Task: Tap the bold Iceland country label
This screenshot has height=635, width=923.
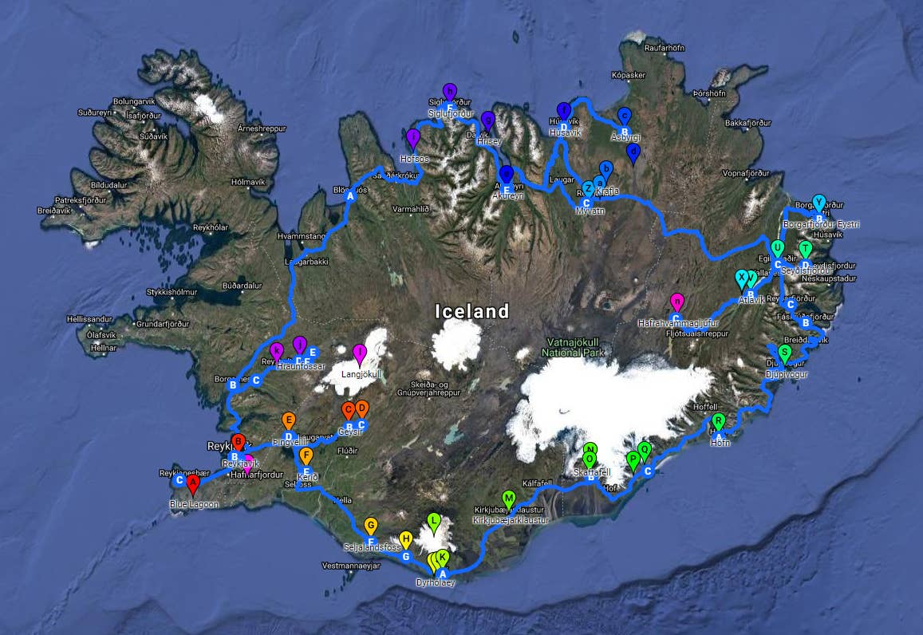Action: pos(471,311)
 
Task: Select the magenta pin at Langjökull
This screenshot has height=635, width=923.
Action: pos(359,353)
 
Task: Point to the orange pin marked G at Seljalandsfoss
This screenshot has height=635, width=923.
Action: pos(370,526)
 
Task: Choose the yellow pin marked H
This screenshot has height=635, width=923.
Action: pos(405,539)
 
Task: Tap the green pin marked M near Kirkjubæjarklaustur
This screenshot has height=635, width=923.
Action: pos(509,499)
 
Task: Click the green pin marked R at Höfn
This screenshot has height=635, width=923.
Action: pos(718,422)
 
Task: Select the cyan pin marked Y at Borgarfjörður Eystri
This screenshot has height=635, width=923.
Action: pos(818,203)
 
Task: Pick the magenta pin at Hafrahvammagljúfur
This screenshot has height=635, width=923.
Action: pos(676,302)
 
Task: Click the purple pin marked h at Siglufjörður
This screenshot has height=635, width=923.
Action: pos(449,92)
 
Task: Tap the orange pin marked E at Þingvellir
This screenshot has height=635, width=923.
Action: pos(289,420)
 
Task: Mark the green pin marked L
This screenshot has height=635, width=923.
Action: pos(434,523)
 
